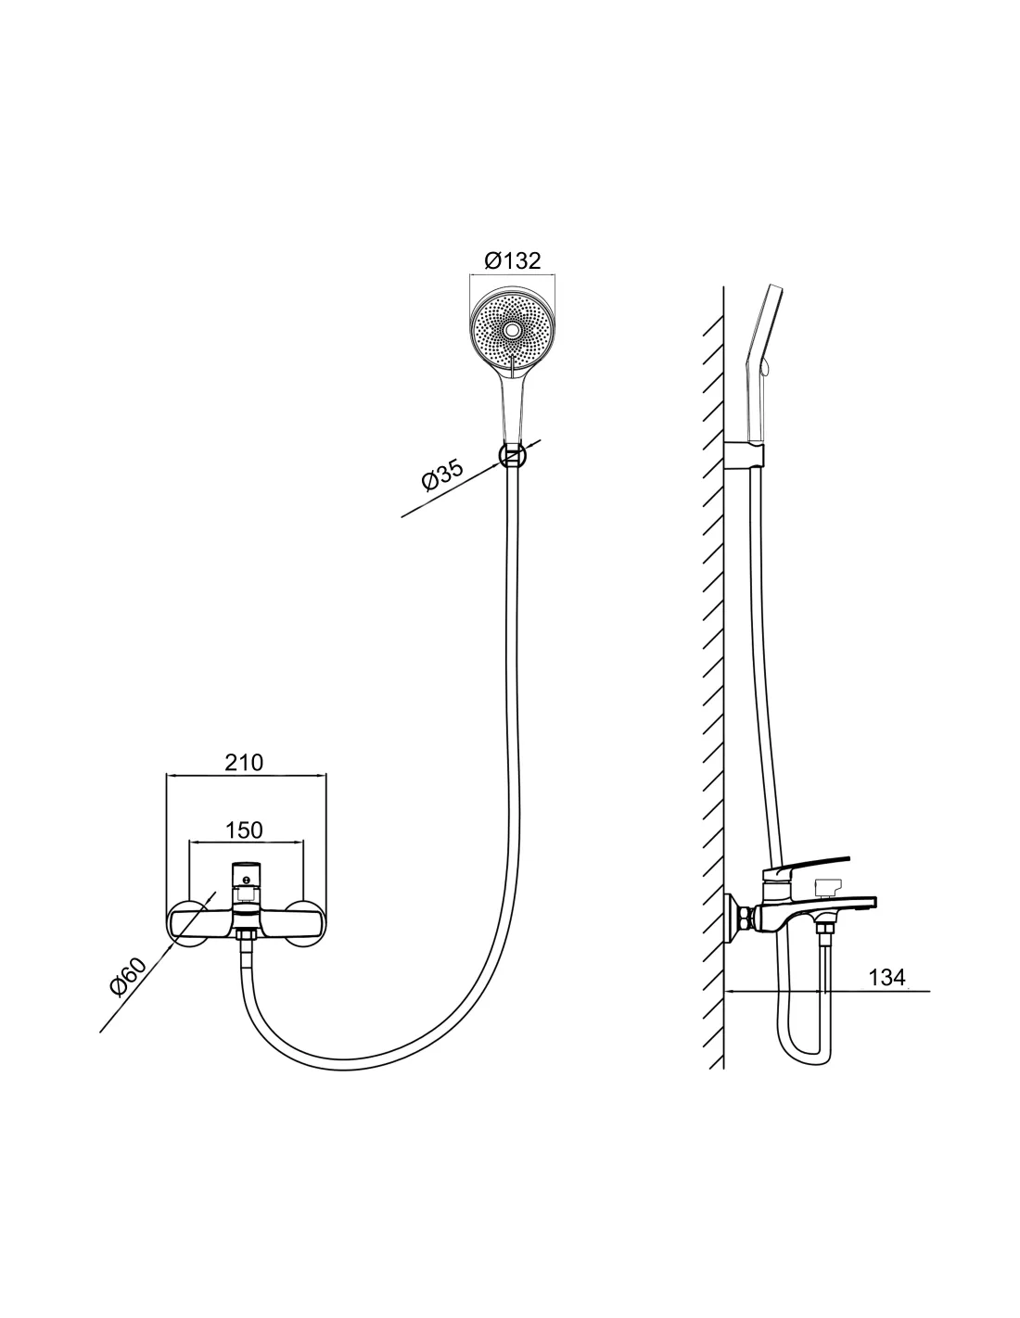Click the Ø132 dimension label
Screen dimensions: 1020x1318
click(512, 260)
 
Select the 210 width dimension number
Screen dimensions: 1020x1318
click(244, 763)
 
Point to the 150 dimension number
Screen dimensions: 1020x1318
click(244, 830)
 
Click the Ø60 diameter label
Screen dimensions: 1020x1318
click(128, 977)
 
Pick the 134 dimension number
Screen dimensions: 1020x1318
click(886, 977)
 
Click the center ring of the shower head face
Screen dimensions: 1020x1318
click(513, 331)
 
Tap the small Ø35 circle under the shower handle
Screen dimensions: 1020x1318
click(513, 455)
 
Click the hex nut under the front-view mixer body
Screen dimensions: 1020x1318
click(245, 938)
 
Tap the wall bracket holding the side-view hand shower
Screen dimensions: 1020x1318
click(745, 455)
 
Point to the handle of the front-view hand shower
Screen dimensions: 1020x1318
click(513, 406)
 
